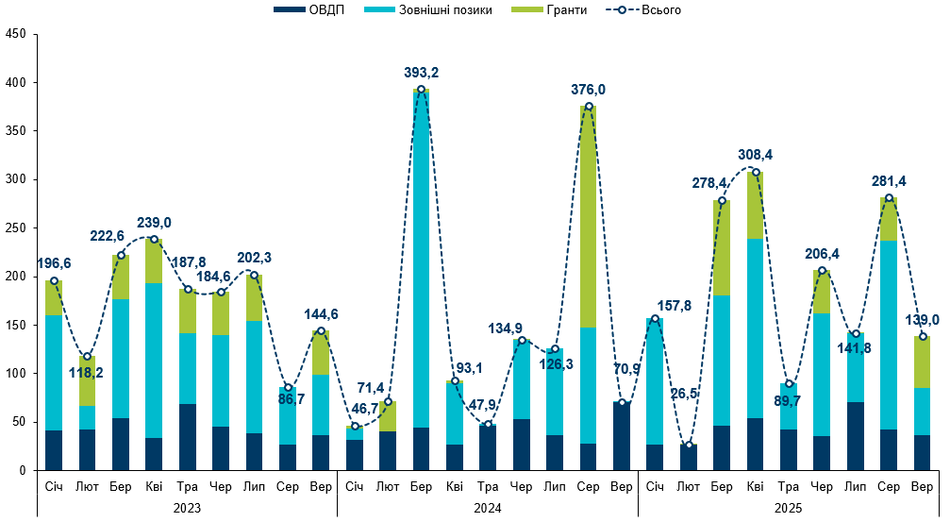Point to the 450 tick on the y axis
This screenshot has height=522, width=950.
pos(16,35)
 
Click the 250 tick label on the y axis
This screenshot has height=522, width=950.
pos(16,228)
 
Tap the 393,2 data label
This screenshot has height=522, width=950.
pos(421,72)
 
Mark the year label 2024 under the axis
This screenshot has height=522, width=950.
pos(488,507)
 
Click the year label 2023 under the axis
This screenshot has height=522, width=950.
pos(188,507)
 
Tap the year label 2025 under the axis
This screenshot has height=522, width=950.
pos(789,507)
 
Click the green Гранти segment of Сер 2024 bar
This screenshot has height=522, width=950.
pos(589,217)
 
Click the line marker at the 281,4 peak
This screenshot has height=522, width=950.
pos(889,198)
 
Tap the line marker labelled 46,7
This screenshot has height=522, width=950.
pos(354,426)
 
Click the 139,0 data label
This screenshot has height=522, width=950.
pos(922,320)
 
